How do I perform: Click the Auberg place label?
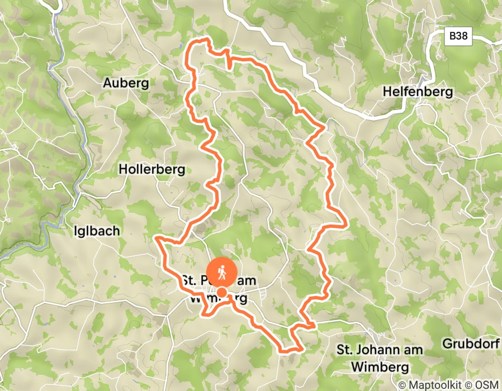point(126,83)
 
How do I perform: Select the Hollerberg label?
point(151,169)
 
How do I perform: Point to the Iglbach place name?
point(97,230)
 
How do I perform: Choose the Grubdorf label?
point(470,343)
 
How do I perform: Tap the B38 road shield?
point(459,37)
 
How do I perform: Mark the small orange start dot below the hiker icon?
point(222,292)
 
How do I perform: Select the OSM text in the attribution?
point(487,385)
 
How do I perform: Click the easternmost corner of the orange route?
point(347,223)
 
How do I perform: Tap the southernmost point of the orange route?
point(291,351)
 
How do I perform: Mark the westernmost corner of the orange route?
point(156,239)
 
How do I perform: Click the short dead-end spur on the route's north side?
point(230,66)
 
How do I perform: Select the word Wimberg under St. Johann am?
point(380,368)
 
